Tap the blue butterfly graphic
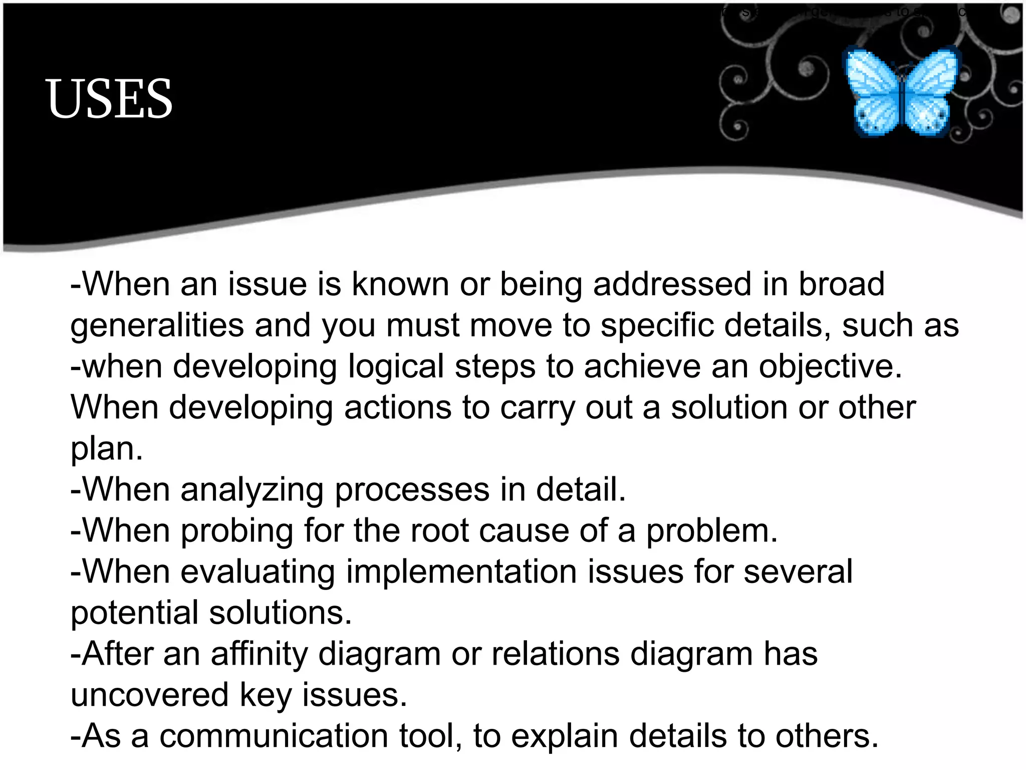pos(902,92)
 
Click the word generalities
pos(157,326)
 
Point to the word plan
pos(106,449)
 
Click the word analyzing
pos(252,490)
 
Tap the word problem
pos(711,531)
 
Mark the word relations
pos(555,654)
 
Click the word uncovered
pos(149,695)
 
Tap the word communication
pos(274,736)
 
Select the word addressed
pos(672,285)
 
